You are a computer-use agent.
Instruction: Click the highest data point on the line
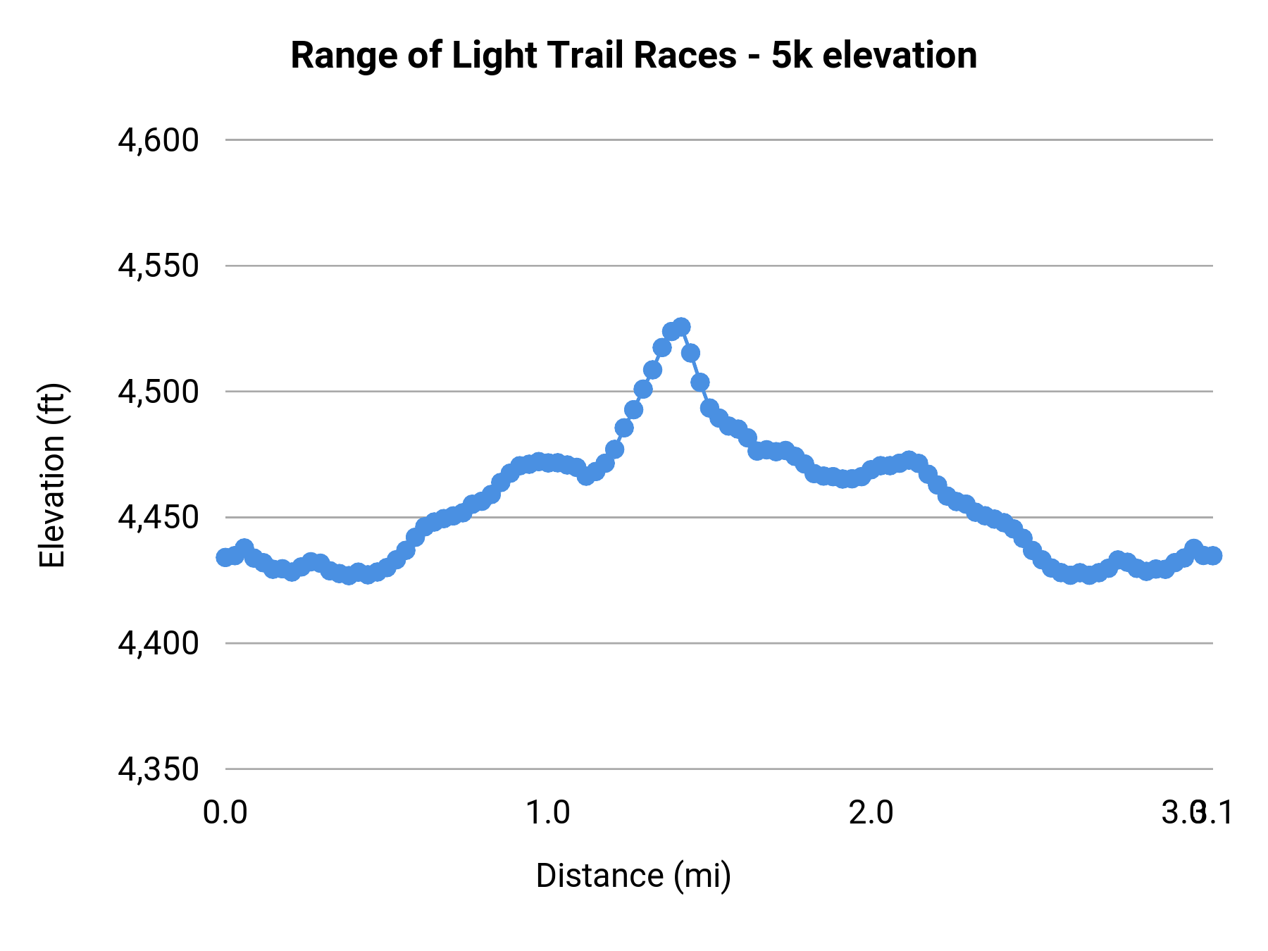click(681, 327)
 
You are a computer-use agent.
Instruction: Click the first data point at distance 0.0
click(225, 557)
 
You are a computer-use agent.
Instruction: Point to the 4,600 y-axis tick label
click(158, 141)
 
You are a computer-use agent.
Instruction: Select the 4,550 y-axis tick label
click(158, 266)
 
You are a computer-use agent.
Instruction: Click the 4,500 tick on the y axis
click(158, 392)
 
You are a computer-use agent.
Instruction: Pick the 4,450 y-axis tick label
click(158, 518)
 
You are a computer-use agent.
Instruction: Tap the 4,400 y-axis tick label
click(158, 644)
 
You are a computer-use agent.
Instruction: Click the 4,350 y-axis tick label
click(158, 769)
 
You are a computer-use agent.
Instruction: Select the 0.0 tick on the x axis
click(225, 813)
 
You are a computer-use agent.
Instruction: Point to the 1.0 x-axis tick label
click(548, 813)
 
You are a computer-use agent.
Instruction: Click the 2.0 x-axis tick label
click(871, 813)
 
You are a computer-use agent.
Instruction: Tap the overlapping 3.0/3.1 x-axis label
click(1198, 813)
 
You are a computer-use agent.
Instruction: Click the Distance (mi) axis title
click(633, 876)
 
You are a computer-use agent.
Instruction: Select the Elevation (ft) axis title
click(52, 475)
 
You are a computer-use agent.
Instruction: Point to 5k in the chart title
click(792, 56)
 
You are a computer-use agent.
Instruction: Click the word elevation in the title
click(900, 56)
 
